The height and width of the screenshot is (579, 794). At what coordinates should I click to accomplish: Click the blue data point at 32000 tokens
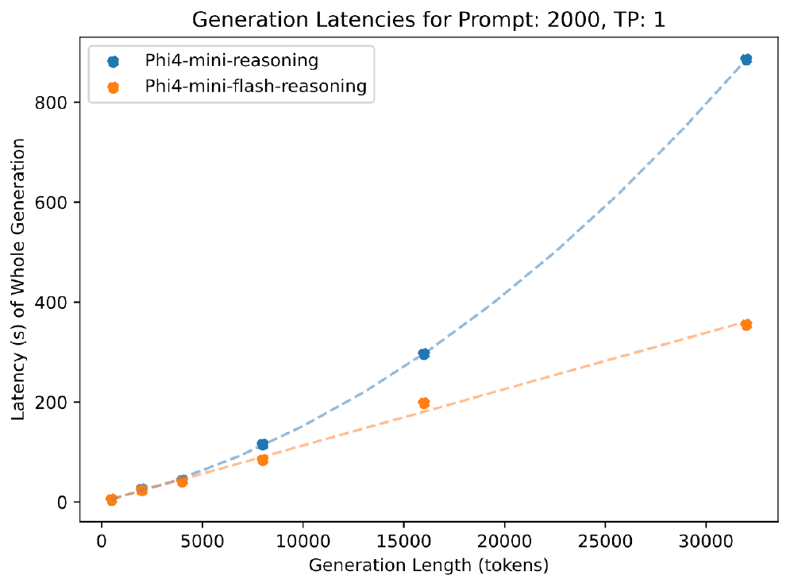746,60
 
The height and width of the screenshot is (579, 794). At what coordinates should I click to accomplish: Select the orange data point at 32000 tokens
746,324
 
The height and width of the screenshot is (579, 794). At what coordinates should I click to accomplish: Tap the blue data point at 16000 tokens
424,353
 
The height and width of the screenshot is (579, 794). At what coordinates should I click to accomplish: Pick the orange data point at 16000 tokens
424,403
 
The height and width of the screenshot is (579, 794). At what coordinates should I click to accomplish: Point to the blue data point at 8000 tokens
263,444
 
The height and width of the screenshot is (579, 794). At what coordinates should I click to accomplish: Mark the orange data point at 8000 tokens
263,459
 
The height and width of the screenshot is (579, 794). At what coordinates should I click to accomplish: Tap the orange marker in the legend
113,87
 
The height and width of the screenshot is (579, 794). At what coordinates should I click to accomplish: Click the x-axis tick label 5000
202,539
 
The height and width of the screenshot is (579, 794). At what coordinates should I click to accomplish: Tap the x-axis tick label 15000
403,539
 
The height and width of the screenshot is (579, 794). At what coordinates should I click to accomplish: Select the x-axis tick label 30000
706,539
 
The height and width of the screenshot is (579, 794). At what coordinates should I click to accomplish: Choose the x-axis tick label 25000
605,539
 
